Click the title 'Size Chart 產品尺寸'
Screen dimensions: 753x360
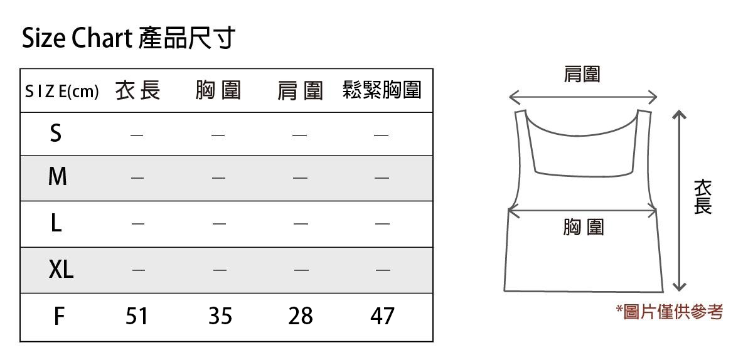[x=128, y=39]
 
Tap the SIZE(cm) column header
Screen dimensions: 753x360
[x=61, y=92]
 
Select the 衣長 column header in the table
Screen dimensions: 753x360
[x=137, y=91]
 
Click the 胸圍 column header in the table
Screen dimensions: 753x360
[x=218, y=91]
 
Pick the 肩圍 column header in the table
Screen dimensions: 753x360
[x=300, y=92]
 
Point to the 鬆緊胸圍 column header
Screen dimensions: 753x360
[x=382, y=90]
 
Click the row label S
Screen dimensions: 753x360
[x=56, y=134]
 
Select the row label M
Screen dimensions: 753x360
[x=57, y=177]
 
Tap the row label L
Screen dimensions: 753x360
[x=56, y=223]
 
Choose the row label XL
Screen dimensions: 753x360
[x=61, y=270]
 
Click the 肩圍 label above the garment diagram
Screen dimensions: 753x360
[x=582, y=75]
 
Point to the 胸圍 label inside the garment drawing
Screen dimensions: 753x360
[x=583, y=227]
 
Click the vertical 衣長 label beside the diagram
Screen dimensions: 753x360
[x=702, y=197]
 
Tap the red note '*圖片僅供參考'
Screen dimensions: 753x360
[x=669, y=311]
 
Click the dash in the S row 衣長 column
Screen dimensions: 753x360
[x=137, y=135]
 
